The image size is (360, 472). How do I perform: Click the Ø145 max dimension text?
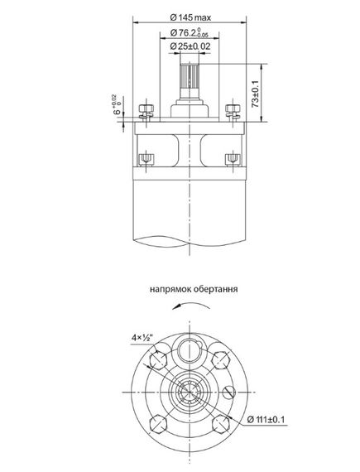coord(190,18)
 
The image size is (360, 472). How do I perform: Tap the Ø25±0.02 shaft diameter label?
coord(190,47)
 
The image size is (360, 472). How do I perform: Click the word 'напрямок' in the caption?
coord(170,291)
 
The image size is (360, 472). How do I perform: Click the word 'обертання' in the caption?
coord(217,291)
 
